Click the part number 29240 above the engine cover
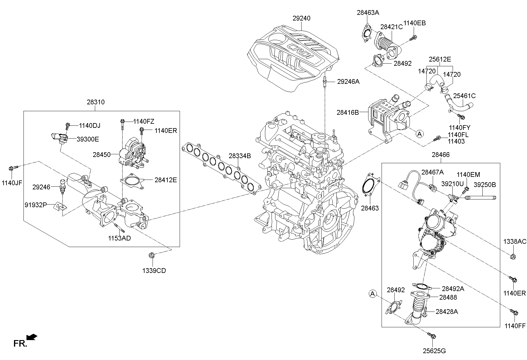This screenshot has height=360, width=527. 301,18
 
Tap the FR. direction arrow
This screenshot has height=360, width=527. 32,337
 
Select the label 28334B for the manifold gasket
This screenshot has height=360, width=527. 239,156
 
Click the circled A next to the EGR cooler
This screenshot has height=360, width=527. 419,134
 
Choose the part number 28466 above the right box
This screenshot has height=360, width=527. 440,155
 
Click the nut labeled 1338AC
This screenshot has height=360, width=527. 512,256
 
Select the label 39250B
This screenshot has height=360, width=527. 484,185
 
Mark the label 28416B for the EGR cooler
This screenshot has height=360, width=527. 348,112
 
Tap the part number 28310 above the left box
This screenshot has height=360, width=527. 95,102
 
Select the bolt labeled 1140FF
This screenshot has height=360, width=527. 514,312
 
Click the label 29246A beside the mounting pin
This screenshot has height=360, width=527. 348,81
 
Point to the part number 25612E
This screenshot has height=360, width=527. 440,59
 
